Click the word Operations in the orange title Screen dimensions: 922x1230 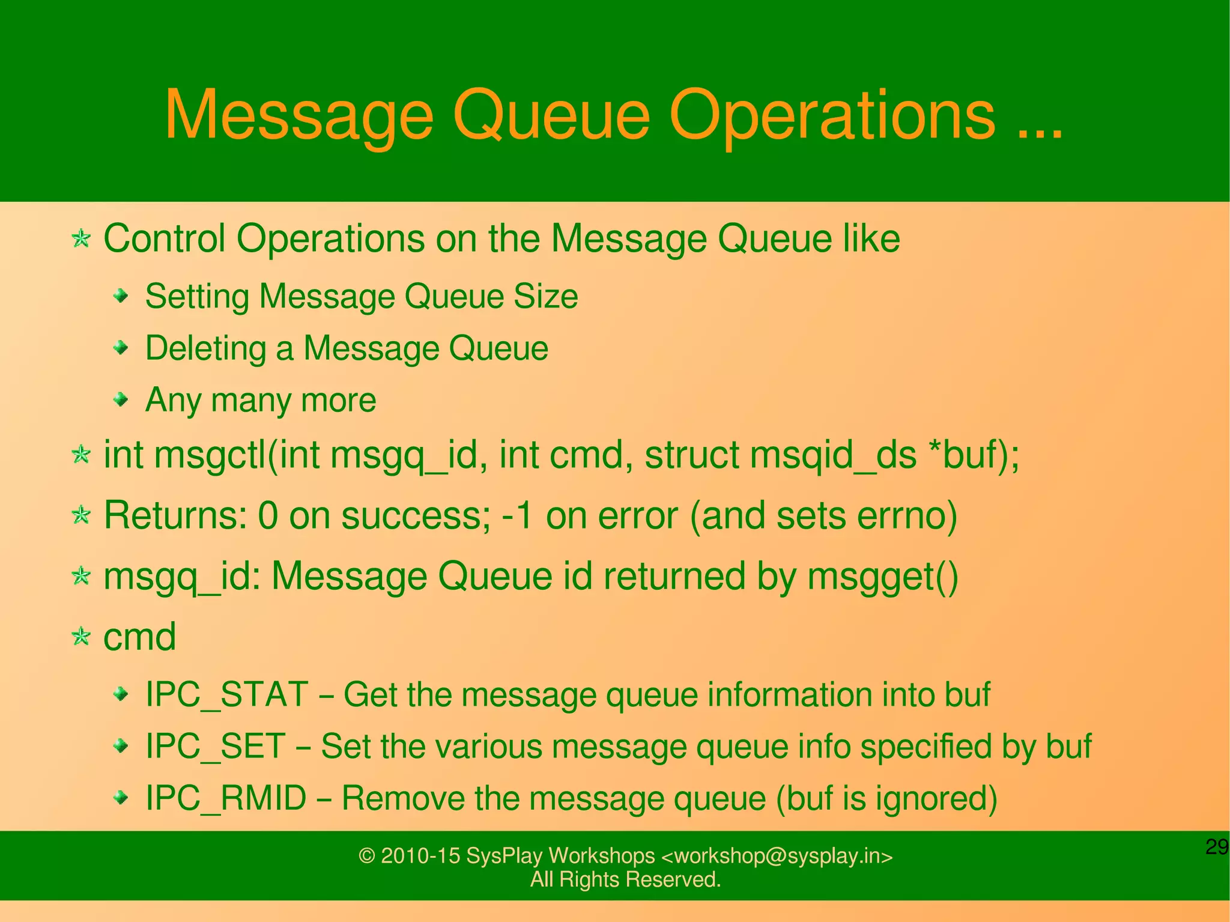click(x=832, y=115)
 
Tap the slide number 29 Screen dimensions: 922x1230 click(x=1216, y=847)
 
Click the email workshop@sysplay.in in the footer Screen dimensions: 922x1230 click(x=777, y=855)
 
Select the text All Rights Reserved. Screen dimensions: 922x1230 click(x=625, y=879)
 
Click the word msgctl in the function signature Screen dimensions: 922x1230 click(x=210, y=455)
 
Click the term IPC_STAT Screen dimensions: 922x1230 click(x=227, y=694)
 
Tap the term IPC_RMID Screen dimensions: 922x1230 click(x=226, y=798)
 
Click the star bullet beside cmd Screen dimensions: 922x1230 click(x=80, y=636)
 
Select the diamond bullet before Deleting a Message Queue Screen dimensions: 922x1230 click(x=121, y=347)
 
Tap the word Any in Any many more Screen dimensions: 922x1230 click(x=173, y=401)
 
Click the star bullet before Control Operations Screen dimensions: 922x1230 click(x=80, y=239)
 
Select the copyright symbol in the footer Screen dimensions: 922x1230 click(x=366, y=856)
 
